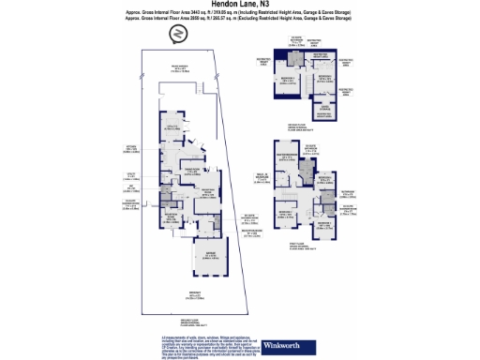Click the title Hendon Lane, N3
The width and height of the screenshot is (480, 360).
239,6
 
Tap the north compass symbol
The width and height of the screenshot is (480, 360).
176,34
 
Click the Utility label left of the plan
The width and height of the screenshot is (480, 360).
132,174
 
